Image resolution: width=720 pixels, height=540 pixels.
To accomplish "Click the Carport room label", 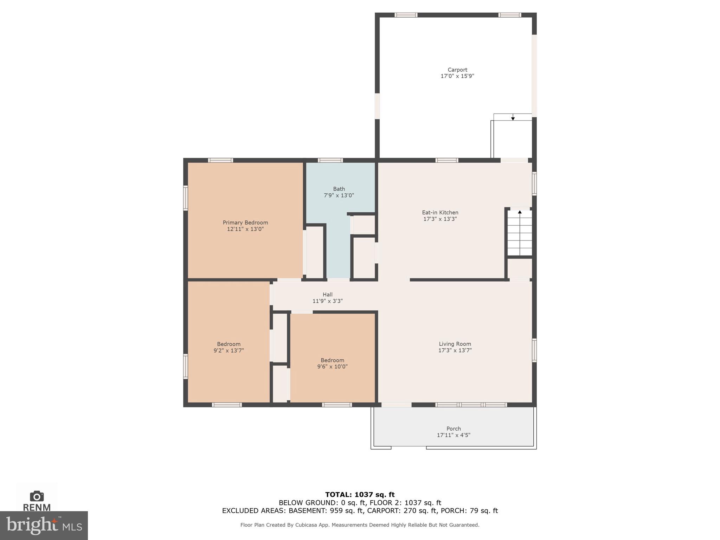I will pos(457,70).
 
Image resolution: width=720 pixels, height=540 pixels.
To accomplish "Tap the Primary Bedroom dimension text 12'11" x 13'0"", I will pos(245,229).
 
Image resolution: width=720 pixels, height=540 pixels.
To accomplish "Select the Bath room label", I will pos(339,189).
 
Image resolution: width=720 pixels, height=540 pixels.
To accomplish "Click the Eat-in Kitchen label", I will pos(440,212).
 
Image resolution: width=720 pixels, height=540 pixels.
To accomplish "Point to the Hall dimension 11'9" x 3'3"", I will pos(327,301).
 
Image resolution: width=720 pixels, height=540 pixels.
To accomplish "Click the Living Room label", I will pos(455,344).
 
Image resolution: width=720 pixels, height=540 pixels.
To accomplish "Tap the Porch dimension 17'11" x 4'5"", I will pos(453,435).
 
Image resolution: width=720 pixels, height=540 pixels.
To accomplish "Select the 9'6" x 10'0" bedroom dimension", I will pos(332,367).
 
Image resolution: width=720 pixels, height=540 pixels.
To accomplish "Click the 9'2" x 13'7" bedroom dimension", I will pos(229,351).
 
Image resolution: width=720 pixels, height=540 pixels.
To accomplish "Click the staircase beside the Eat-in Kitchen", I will pos(520,234).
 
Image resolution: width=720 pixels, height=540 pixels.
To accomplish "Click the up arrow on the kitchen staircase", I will pos(520,212).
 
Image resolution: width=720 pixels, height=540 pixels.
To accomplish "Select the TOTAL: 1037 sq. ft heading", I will pos(360,495).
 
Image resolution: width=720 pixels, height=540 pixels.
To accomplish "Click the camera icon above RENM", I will pos(37,496).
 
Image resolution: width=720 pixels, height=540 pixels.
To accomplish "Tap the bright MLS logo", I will pos(44,525).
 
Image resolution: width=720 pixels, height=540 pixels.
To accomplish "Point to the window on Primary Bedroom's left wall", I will pos(185,198).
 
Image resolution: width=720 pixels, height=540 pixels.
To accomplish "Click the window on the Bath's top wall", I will pos(330,160).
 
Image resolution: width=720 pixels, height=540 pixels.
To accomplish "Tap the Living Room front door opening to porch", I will pos(396,405).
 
